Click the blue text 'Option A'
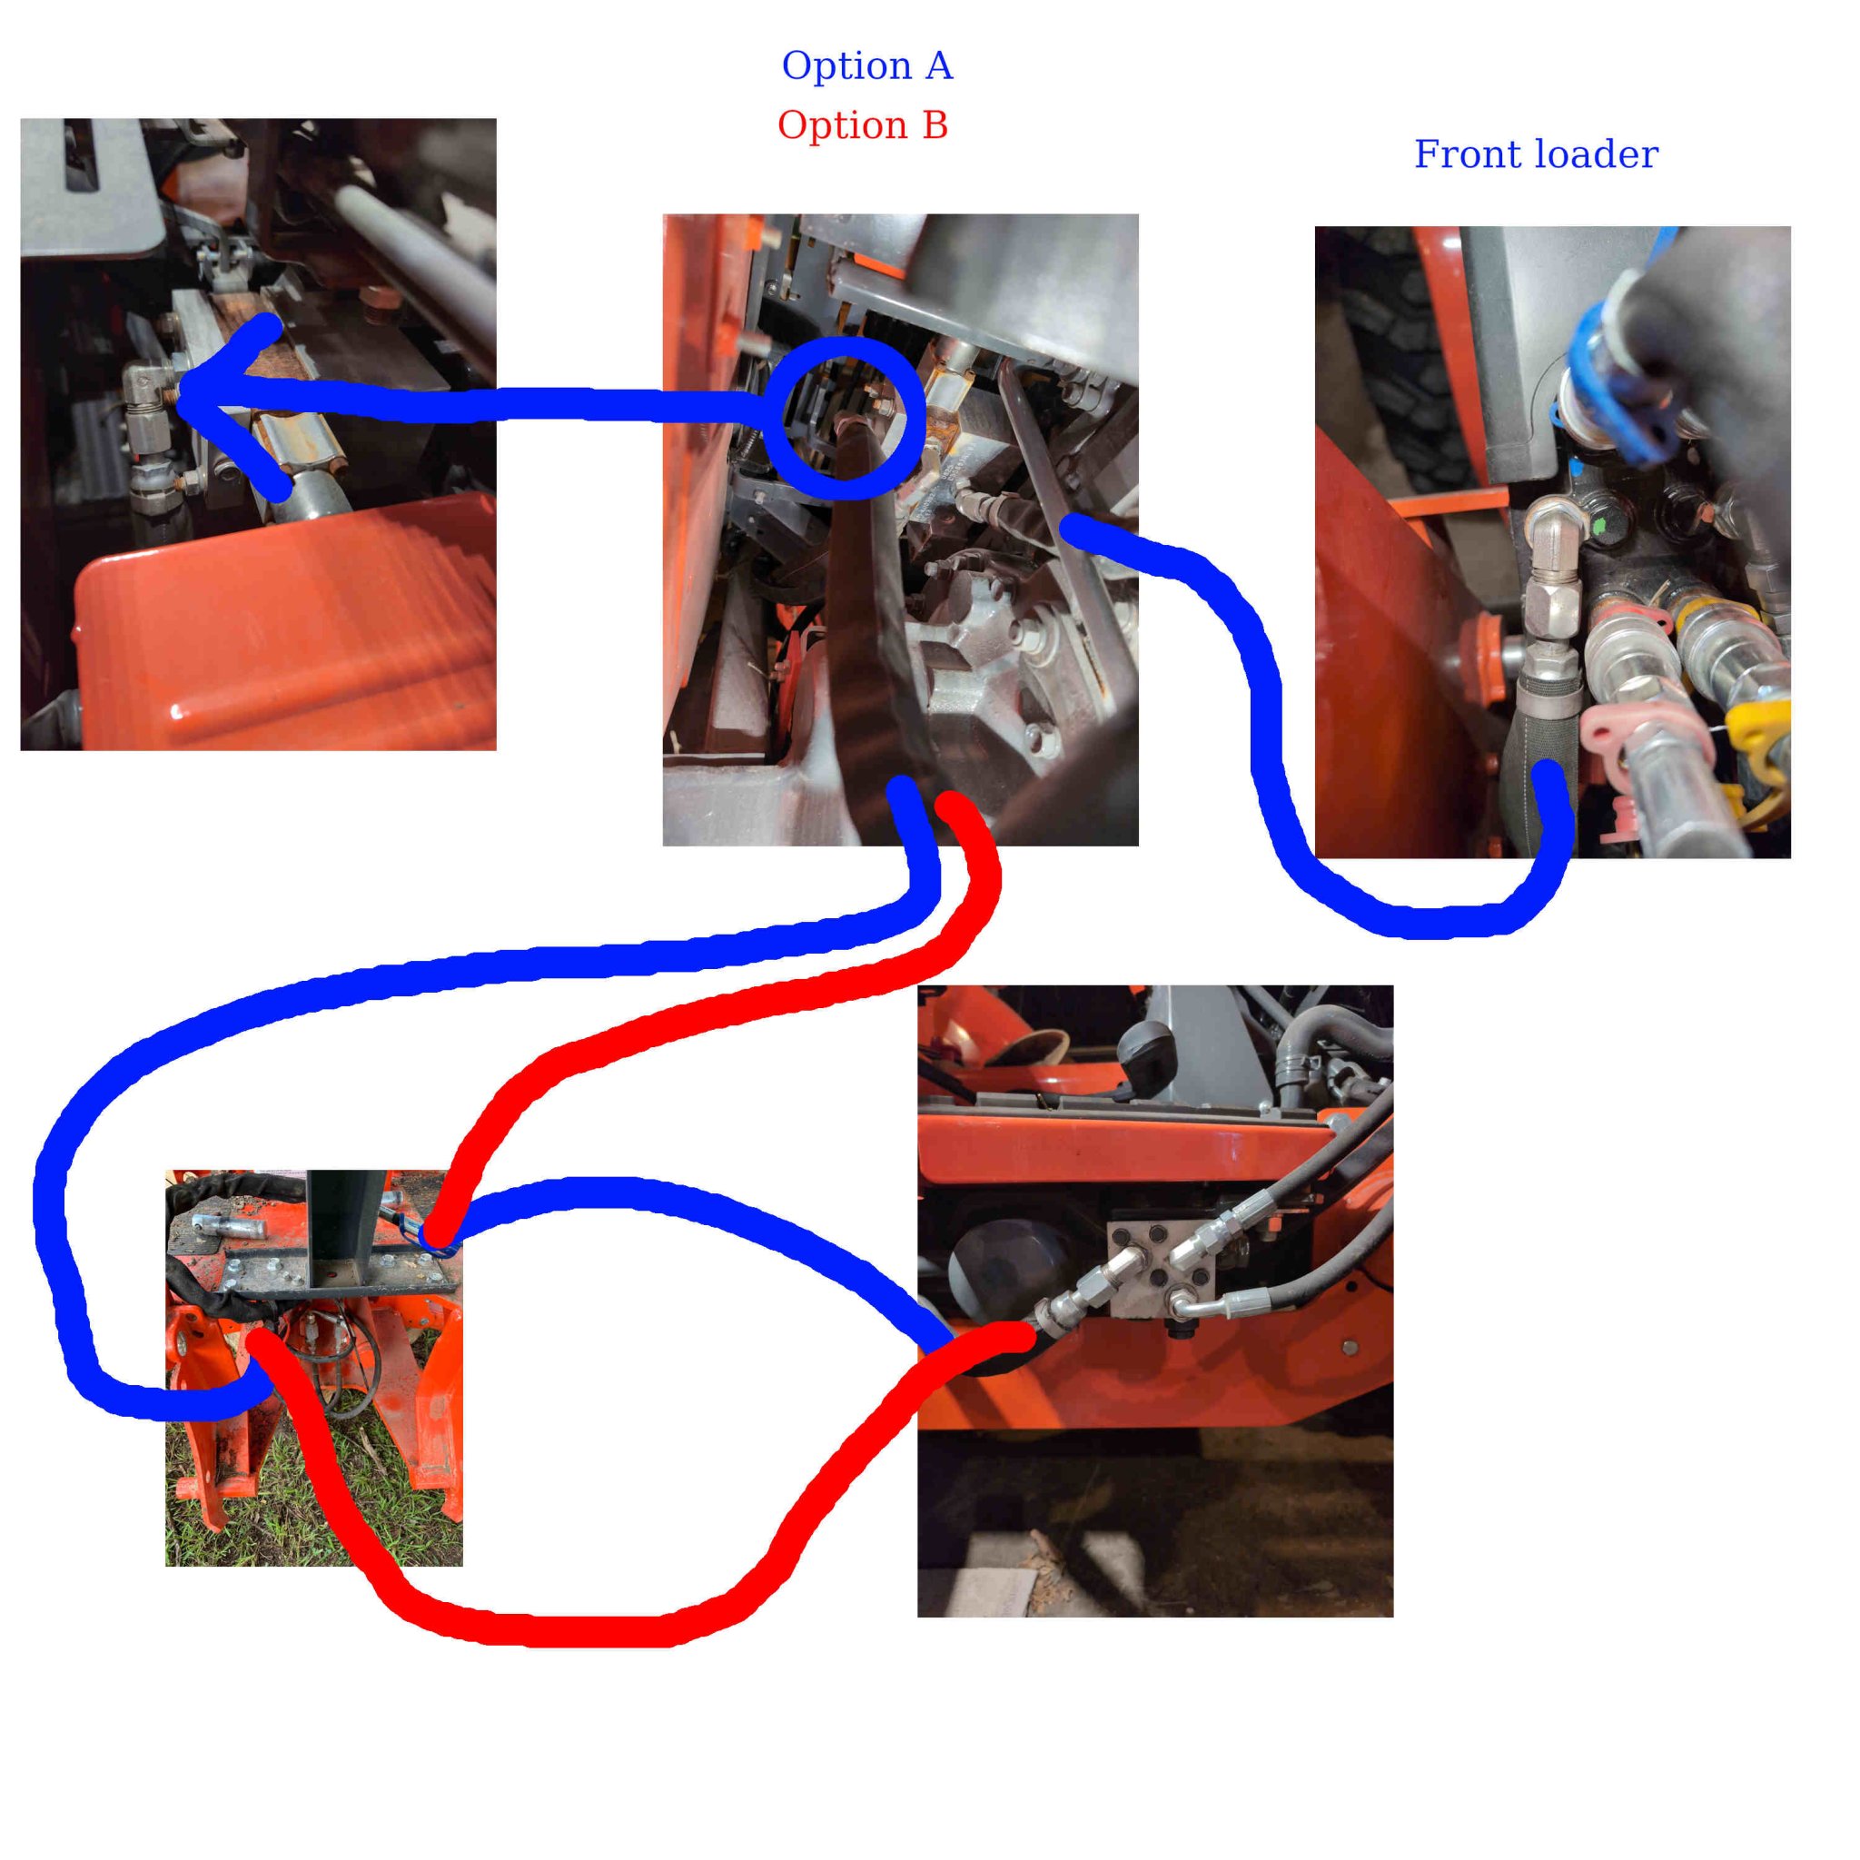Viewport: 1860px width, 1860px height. click(x=866, y=65)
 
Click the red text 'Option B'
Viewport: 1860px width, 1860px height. click(x=863, y=125)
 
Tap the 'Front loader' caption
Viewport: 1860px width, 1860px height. click(x=1536, y=154)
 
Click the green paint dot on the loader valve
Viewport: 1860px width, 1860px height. click(x=1600, y=526)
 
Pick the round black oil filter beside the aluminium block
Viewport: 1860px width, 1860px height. click(x=1001, y=1271)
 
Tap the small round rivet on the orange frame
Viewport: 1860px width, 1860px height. click(x=1349, y=1347)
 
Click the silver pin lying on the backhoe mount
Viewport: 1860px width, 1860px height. click(x=222, y=1223)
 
